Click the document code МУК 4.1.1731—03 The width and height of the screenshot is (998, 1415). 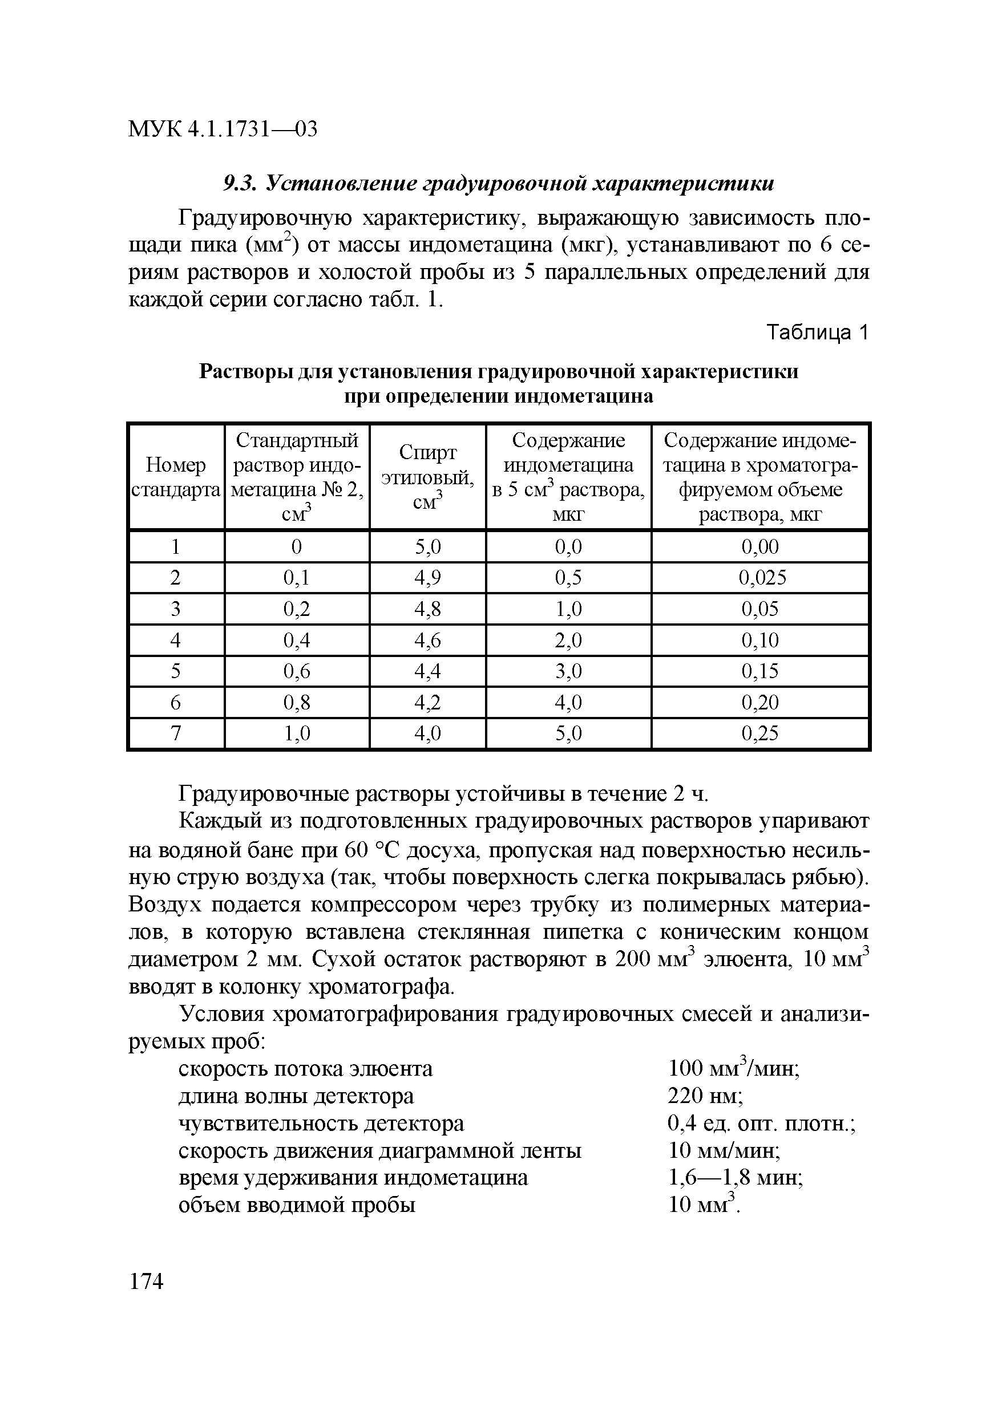point(223,129)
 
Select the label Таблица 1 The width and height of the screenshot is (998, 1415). point(817,333)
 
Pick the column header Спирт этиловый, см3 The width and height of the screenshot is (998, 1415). point(427,477)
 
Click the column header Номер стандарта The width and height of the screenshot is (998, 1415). point(176,477)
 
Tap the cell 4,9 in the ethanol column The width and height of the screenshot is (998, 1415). point(427,577)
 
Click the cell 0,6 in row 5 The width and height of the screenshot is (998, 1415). point(297,671)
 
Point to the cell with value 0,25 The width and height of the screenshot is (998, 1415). point(760,733)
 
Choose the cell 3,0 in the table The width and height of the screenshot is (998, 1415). point(568,671)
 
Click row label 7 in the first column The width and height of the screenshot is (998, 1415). point(176,733)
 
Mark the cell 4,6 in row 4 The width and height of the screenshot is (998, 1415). point(427,640)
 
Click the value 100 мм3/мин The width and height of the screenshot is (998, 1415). point(734,1068)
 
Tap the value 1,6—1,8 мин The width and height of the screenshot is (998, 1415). point(735,1178)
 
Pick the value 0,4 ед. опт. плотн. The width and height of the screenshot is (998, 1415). point(762,1124)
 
